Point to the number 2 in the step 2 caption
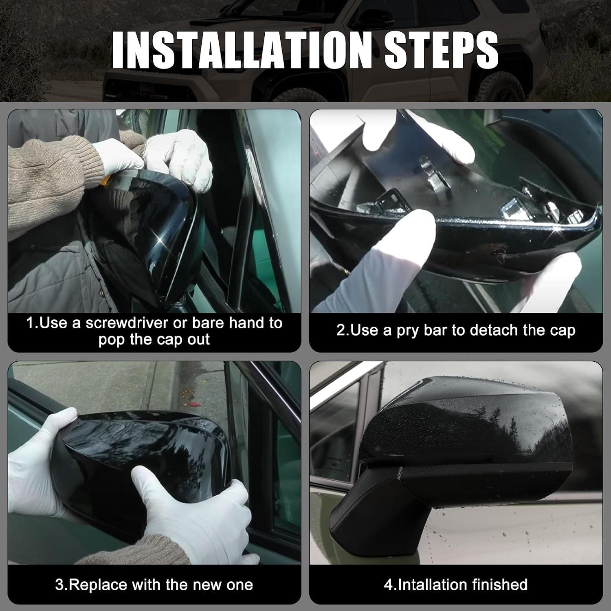tap(341, 330)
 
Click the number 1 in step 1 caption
tap(30, 323)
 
